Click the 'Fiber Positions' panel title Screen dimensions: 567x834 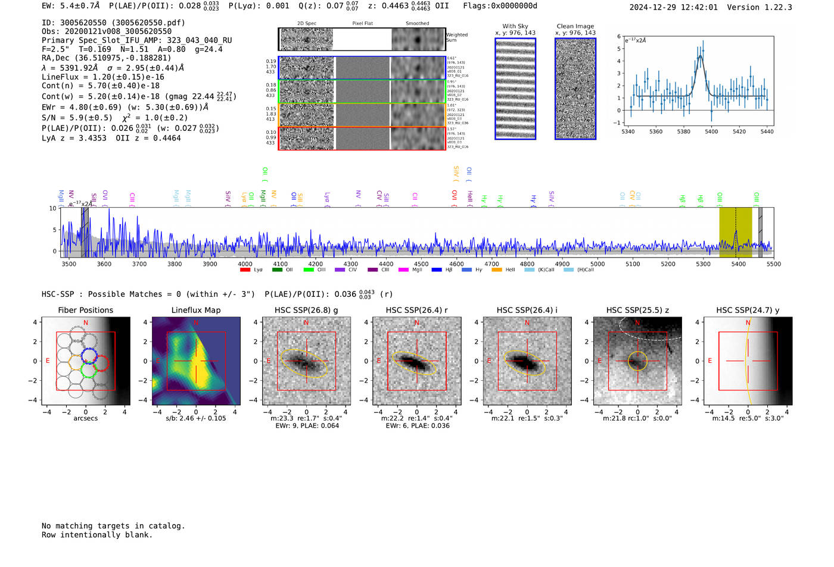coord(85,310)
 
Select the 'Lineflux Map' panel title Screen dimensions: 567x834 coord(196,310)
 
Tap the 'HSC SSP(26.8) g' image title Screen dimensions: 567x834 coord(306,310)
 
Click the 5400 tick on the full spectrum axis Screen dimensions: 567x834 coord(738,264)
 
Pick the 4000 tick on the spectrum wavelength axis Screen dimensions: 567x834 coord(245,264)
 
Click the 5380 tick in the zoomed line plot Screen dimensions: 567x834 coord(683,131)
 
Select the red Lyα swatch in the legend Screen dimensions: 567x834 coord(245,270)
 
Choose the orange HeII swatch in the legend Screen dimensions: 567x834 coord(497,270)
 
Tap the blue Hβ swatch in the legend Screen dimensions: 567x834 coord(437,270)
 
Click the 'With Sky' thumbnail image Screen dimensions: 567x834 coord(515,89)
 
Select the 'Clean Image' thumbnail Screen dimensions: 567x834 coord(575,89)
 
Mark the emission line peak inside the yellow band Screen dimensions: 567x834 coord(736,231)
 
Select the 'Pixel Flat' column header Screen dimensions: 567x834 coord(362,24)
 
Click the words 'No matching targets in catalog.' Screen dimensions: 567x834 coord(113,526)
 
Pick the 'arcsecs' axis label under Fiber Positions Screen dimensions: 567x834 coord(85,418)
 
